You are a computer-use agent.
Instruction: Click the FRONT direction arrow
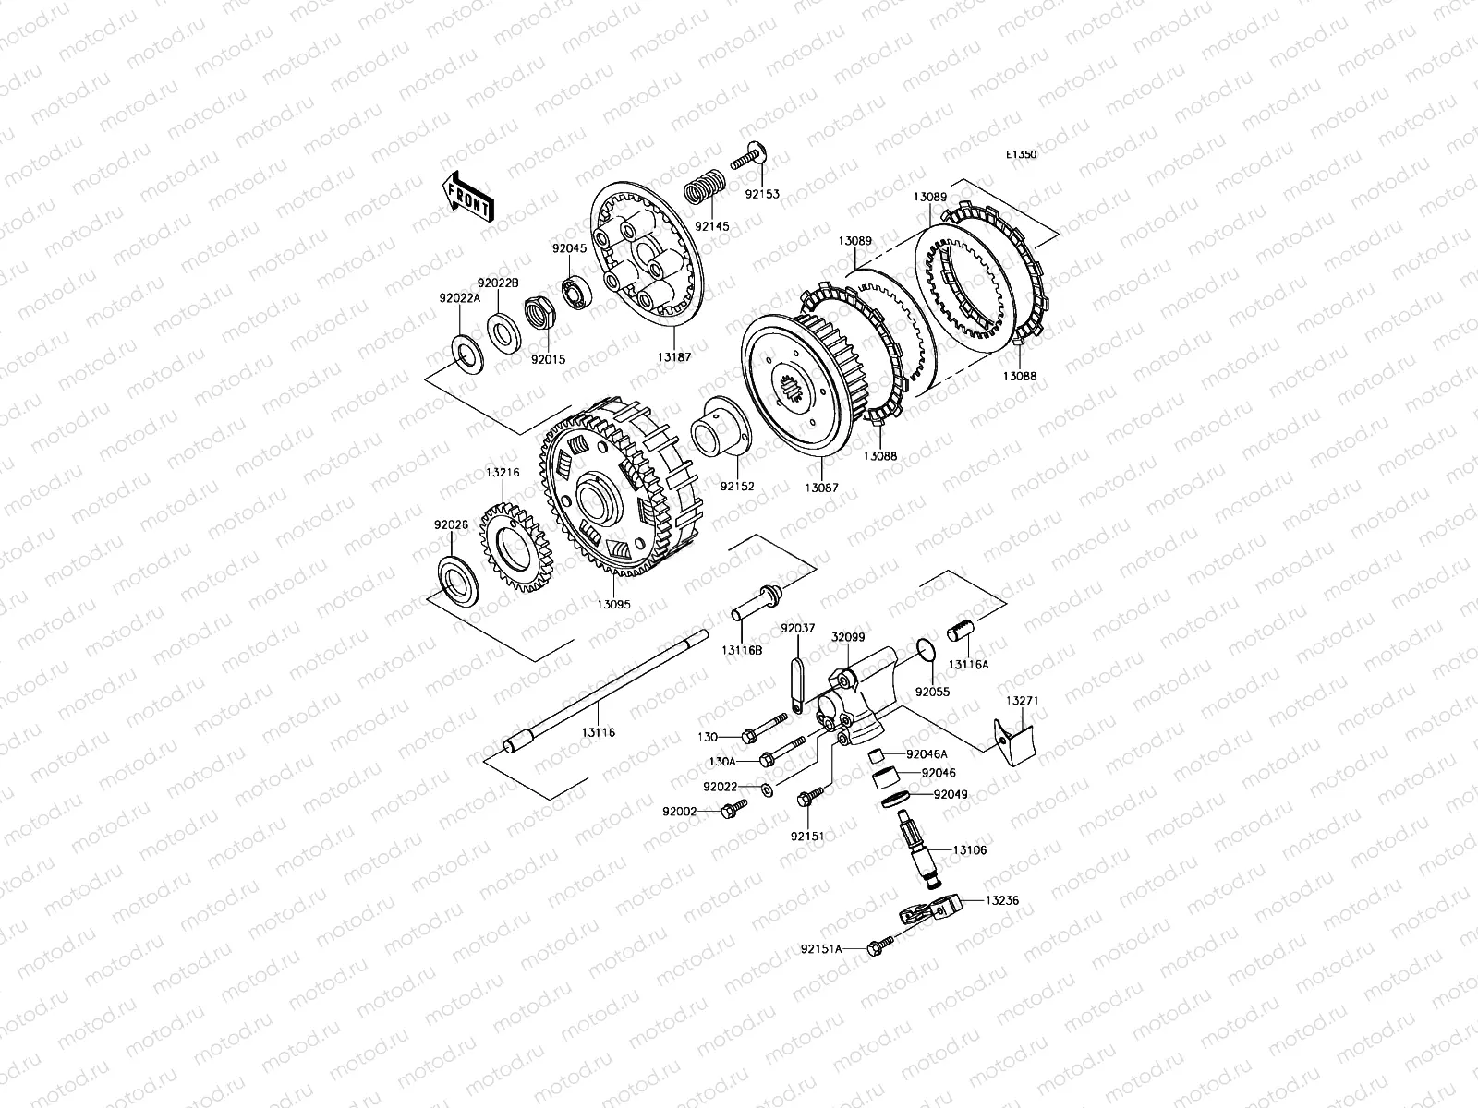468,197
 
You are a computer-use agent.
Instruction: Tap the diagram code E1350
1021,155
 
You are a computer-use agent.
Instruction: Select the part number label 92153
762,194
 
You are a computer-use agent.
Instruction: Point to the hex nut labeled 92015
539,313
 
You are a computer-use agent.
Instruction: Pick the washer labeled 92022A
466,354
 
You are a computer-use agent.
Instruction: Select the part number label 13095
613,605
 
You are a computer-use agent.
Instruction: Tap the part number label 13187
674,357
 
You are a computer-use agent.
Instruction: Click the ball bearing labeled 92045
577,291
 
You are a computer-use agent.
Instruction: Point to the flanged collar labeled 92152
721,427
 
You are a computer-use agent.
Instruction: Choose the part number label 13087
821,488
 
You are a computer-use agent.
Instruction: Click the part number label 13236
1002,900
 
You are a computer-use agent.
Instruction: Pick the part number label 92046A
927,754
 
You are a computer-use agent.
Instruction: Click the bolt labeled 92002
733,810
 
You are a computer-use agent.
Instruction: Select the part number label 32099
848,637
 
